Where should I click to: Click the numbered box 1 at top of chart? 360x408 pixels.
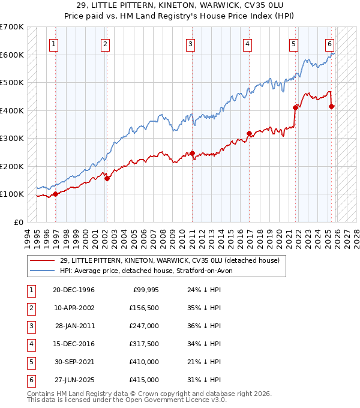(x=54, y=43)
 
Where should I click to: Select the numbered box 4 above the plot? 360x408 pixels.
(x=247, y=43)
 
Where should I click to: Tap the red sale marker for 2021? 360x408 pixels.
(x=295, y=107)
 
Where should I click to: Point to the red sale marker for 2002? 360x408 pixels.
(x=107, y=178)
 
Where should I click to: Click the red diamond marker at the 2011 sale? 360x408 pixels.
(x=192, y=153)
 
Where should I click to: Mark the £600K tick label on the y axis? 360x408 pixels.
(x=12, y=55)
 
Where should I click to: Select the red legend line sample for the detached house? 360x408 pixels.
(x=43, y=260)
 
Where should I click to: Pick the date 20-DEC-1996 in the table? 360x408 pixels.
(x=74, y=290)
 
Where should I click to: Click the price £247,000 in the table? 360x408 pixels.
(x=144, y=326)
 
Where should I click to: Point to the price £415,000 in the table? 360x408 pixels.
(x=144, y=380)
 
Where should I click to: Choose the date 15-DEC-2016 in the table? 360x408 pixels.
(x=74, y=344)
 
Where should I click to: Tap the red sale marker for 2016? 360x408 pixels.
(x=250, y=133)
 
